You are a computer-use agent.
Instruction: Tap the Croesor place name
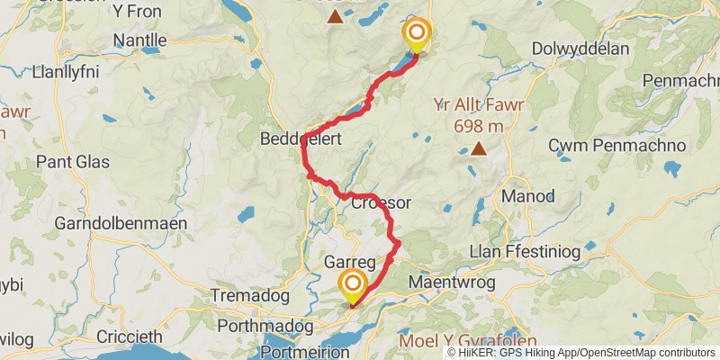[x=381, y=203]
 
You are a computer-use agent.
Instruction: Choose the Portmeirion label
[x=304, y=352]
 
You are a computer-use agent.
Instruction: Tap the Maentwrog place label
[x=446, y=283]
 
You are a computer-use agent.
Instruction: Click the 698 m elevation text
[x=478, y=125]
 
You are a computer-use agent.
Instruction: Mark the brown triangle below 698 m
[x=479, y=149]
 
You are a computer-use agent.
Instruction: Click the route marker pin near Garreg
[x=352, y=287]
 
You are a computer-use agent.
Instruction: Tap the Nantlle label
[x=140, y=40]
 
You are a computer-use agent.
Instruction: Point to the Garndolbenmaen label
[x=121, y=222]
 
